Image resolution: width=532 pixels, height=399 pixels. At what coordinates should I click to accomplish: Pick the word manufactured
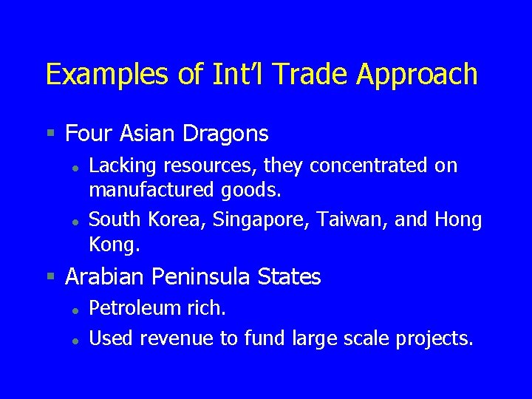click(151, 190)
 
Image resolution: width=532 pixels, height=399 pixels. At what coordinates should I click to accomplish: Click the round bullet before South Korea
click(75, 221)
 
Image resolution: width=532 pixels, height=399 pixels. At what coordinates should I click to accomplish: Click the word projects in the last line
click(434, 338)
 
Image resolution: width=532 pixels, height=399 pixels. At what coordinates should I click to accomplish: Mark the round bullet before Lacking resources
click(75, 168)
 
